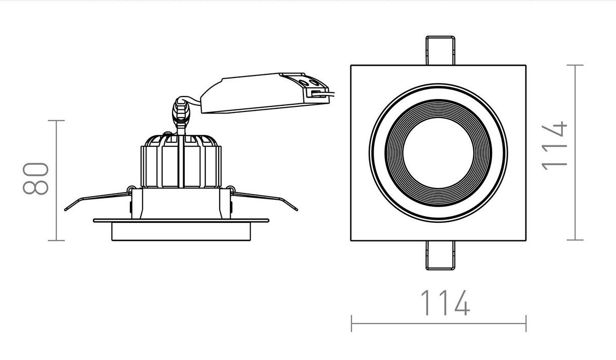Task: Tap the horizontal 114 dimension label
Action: click(445, 303)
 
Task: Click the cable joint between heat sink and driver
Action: click(181, 111)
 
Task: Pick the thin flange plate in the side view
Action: click(181, 221)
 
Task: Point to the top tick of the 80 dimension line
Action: click(56, 121)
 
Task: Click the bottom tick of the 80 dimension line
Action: click(56, 240)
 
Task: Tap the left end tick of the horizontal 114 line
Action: click(352, 324)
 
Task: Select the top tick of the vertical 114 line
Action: click(575, 65)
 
